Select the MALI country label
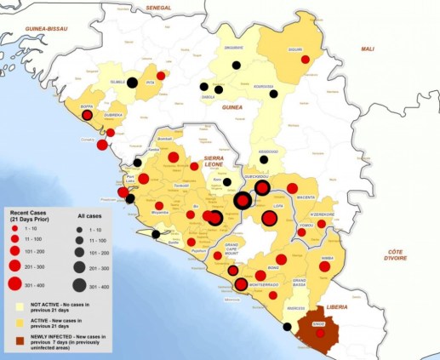point(368,49)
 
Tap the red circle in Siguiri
point(305,60)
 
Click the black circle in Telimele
point(133,83)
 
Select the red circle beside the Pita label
point(161,76)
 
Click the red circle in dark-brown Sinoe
point(321,334)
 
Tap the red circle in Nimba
point(323,266)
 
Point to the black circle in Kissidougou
point(264,159)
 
